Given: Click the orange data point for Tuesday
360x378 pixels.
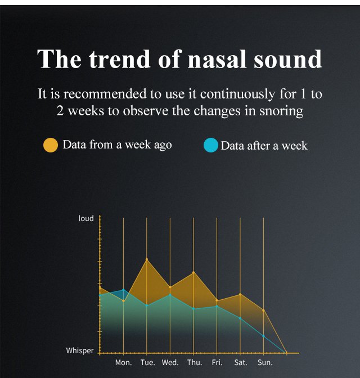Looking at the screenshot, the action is [147, 259].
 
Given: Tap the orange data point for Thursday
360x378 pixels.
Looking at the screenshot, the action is [193, 272].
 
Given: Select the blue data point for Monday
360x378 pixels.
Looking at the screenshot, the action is [123, 290].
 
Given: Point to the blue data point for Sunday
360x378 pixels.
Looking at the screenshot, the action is [263, 336].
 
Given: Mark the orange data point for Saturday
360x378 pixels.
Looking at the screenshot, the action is [240, 294].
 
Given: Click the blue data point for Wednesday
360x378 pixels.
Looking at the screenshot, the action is [170, 295].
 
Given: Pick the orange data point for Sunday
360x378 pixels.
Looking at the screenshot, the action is [263, 310].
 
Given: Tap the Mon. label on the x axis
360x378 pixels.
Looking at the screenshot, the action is [123, 362].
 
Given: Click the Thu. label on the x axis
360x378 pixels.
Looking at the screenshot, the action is [195, 362].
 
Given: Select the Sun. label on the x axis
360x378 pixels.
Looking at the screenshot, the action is [265, 362].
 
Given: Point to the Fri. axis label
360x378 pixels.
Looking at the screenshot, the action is [217, 362].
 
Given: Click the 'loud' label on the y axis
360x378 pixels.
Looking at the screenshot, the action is [86, 218].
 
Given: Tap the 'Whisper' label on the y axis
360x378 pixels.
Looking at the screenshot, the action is [80, 350].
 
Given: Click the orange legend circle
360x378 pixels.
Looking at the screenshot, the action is [51, 145].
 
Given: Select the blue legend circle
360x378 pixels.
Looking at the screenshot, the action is [211, 145].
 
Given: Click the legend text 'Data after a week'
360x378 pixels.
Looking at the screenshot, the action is [264, 146].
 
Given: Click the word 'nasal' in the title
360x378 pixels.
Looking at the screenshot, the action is [217, 59].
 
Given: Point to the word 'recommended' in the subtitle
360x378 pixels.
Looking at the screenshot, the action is [105, 93].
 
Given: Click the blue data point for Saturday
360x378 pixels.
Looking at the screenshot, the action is [240, 318].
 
